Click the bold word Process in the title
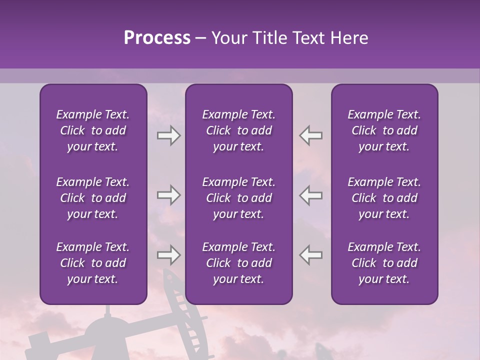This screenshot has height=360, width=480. pos(157,38)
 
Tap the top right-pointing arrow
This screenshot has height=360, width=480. pos(168,135)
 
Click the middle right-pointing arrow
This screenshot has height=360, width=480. pos(168,195)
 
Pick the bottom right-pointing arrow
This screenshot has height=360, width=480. pos(168,255)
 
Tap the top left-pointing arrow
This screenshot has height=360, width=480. pos(310,135)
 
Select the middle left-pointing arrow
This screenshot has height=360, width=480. pos(310,195)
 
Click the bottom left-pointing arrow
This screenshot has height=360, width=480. pos(310,255)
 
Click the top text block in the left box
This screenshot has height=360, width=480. pos(93,130)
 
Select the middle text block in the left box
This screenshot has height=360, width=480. pos(93,198)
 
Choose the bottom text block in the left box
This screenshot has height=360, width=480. pos(93,263)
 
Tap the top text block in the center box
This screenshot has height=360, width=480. pos(238,130)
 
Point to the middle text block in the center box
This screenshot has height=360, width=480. pos(238,198)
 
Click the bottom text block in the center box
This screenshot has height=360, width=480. pos(238,263)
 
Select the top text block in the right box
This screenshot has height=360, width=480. pos(384,130)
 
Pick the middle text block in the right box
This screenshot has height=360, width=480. pos(384,198)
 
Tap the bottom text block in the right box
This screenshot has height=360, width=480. pos(384,263)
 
